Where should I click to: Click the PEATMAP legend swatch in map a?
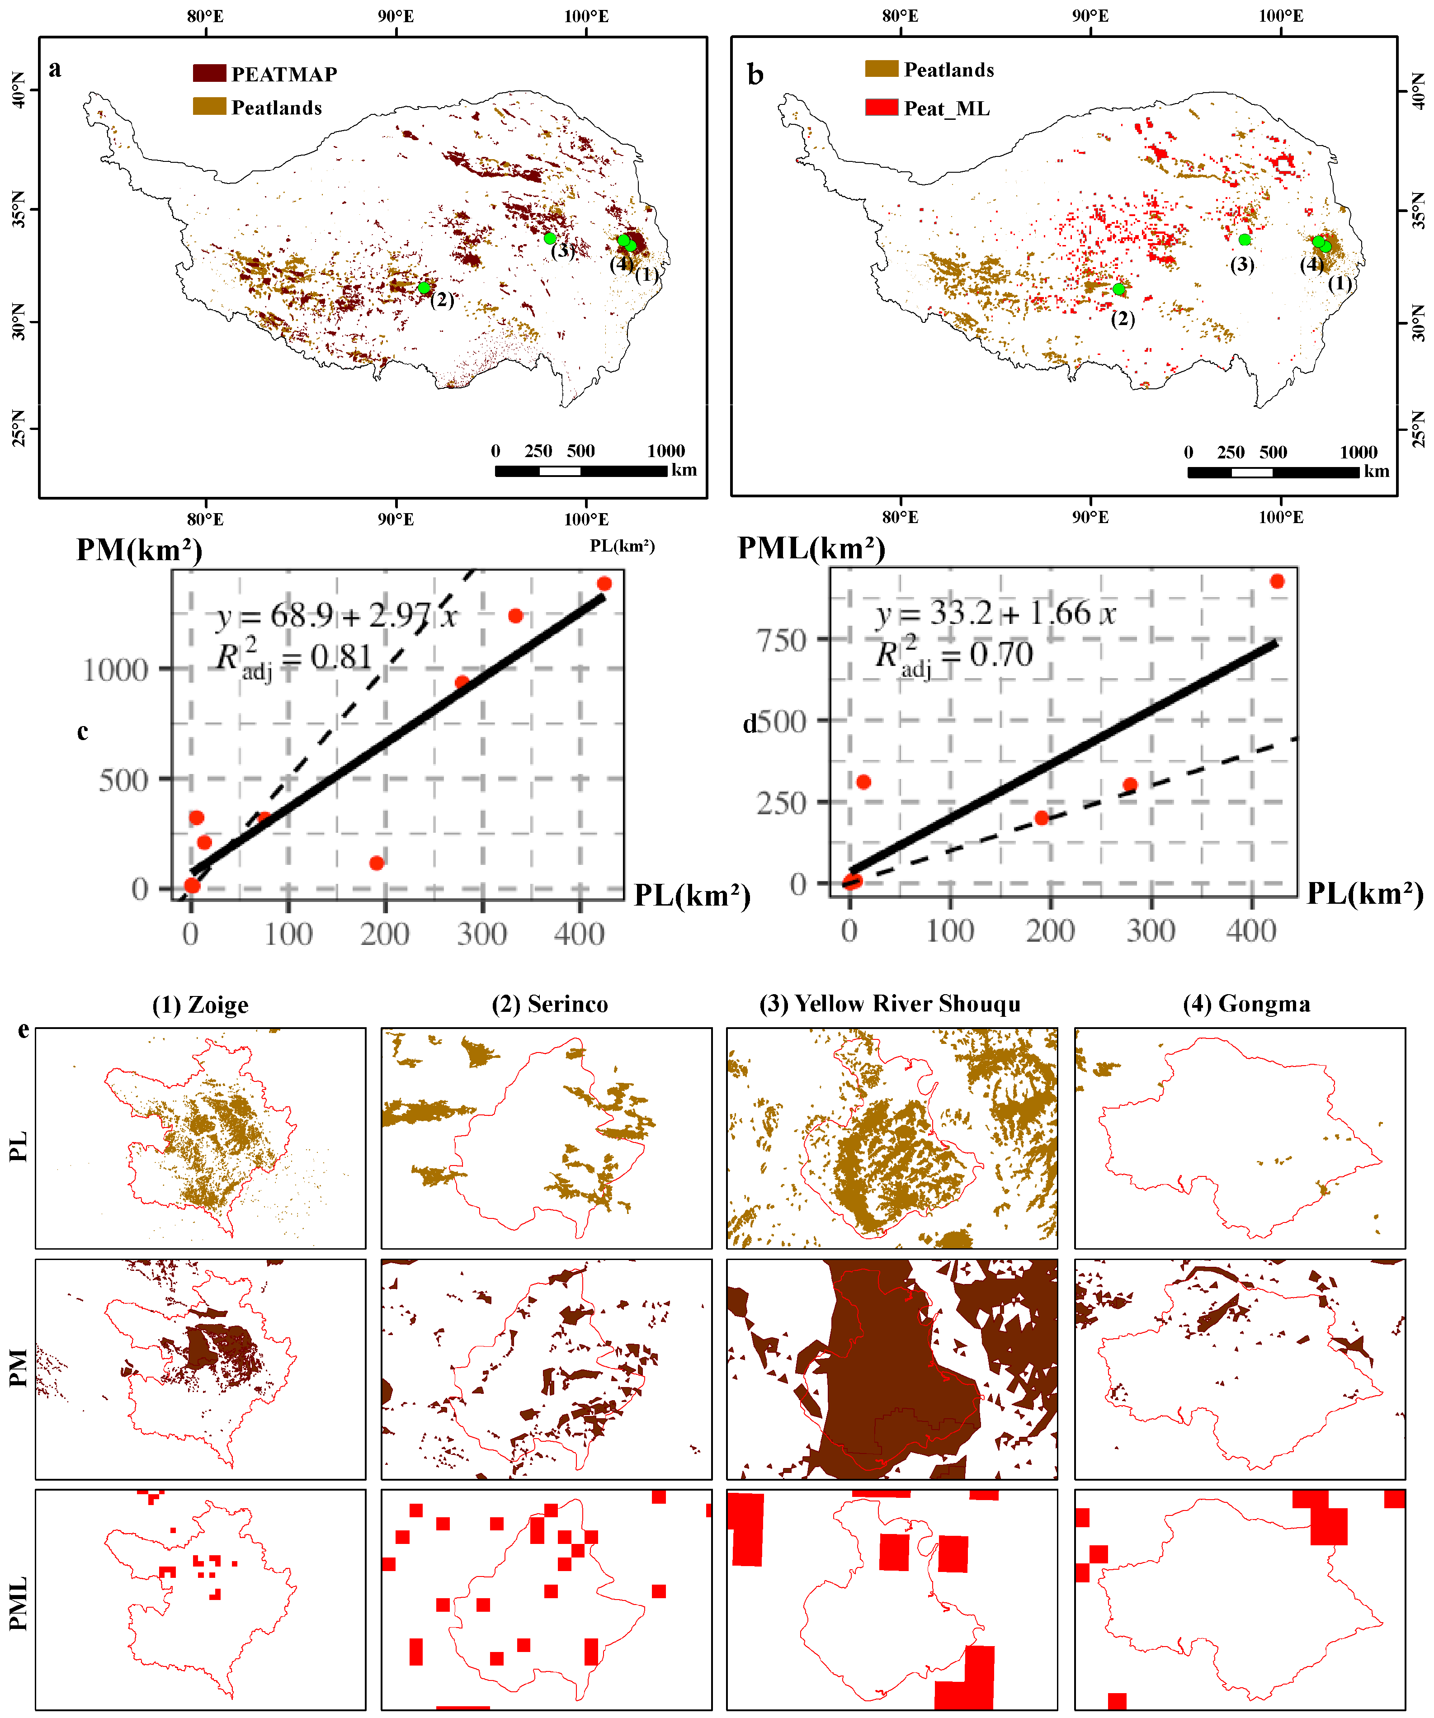tap(209, 74)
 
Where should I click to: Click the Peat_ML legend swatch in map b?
tap(882, 107)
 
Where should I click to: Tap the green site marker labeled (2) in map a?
tap(424, 288)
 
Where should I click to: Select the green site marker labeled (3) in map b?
tap(1244, 240)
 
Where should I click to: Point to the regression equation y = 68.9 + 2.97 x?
tap(335, 615)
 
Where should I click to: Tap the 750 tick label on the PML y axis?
tap(781, 641)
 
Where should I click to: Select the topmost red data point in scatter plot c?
tap(604, 583)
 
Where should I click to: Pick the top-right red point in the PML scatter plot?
tap(1277, 582)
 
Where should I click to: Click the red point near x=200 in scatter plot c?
tap(376, 863)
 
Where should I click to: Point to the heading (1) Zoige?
tap(200, 1005)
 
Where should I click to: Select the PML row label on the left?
tap(18, 1604)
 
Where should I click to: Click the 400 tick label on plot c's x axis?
tap(579, 934)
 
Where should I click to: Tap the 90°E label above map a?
tap(396, 16)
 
